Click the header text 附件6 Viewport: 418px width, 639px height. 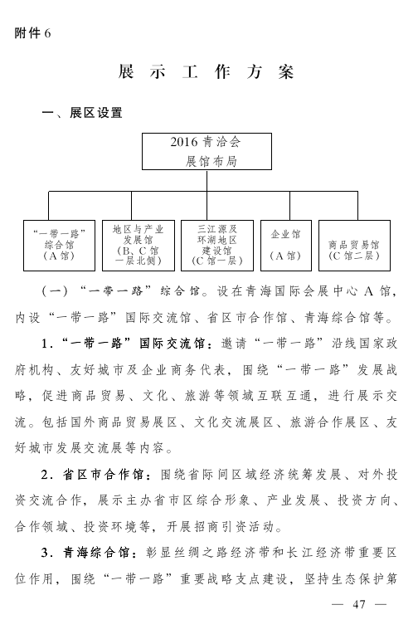32,33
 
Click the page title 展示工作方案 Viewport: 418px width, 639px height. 207,72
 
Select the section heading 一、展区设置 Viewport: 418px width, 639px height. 82,113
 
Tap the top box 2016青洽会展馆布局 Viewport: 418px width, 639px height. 207,151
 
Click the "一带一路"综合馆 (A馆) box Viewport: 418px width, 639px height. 59,246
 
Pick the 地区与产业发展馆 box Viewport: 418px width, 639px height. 139,246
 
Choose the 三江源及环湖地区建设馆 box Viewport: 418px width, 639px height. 217,246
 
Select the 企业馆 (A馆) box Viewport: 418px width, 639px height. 285,246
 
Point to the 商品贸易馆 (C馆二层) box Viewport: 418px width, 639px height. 354,246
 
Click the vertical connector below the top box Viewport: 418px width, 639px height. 207,181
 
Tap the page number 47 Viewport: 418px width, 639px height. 359,604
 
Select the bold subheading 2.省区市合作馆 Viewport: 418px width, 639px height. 93,475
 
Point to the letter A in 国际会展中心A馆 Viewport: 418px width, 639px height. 368,291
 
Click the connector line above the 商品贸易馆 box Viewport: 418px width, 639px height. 358,206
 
